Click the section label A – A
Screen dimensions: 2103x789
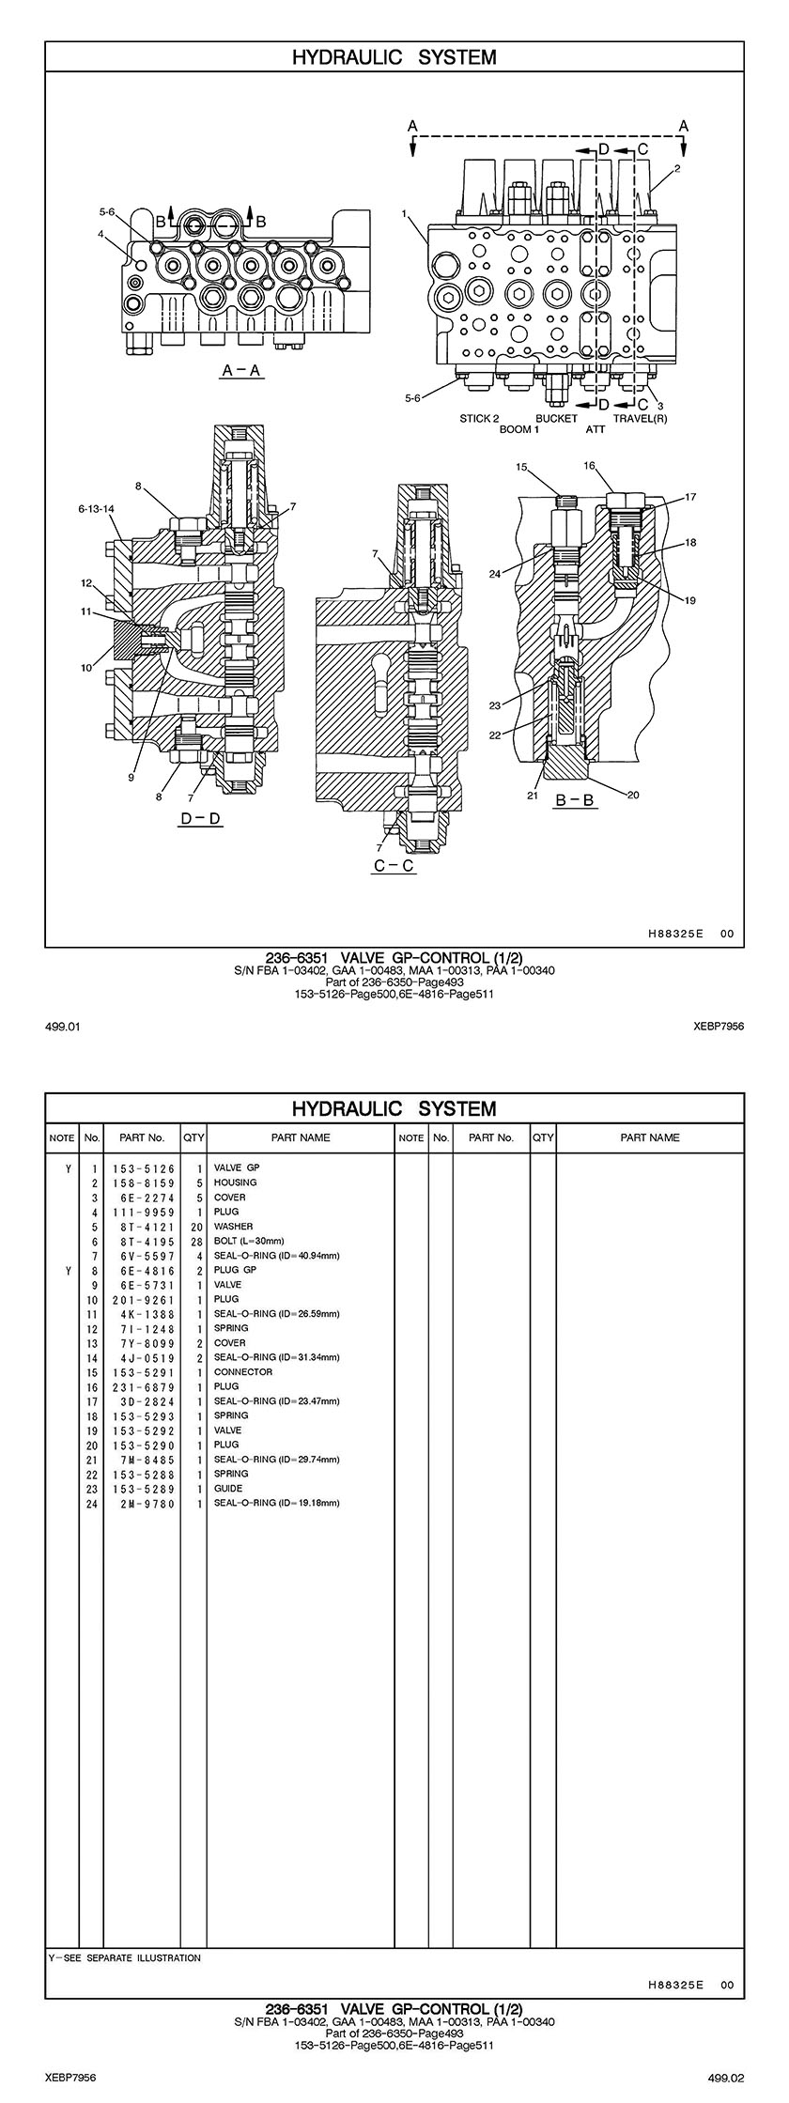(241, 371)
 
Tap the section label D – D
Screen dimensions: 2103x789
(201, 819)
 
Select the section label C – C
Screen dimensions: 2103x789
(394, 866)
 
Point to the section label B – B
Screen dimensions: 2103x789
(576, 800)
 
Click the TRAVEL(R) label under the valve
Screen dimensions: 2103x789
(640, 418)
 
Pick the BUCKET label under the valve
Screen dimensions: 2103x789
(556, 418)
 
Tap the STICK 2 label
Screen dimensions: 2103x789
(479, 418)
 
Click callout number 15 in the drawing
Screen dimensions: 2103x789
(522, 466)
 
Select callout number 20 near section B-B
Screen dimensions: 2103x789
(632, 795)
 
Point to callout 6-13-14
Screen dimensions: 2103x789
(96, 508)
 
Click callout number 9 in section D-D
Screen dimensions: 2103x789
(131, 777)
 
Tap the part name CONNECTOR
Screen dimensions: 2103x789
(243, 1371)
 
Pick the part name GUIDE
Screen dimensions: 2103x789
(228, 1488)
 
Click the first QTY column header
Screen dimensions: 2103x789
(193, 1137)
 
